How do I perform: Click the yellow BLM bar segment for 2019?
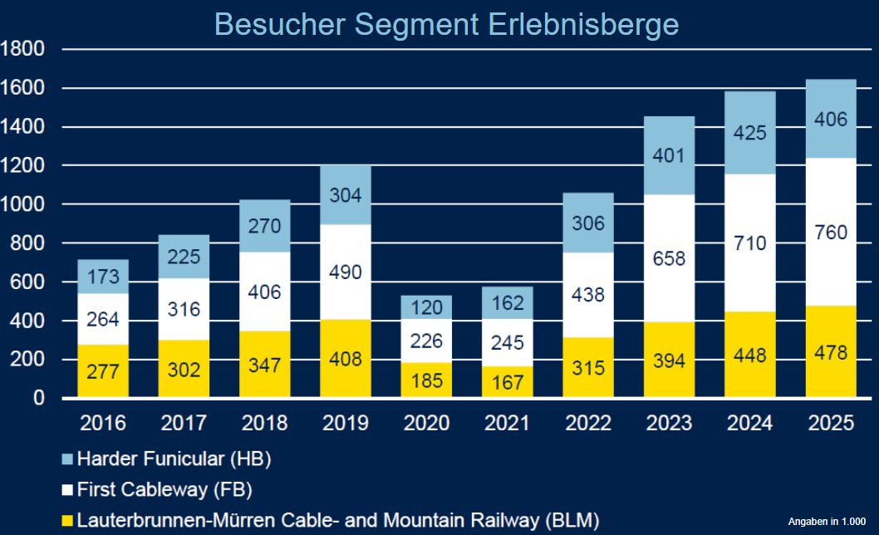pyautogui.click(x=346, y=359)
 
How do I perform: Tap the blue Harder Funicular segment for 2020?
pyautogui.click(x=427, y=307)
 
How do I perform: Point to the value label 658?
pyautogui.click(x=669, y=258)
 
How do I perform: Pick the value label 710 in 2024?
pyautogui.click(x=750, y=243)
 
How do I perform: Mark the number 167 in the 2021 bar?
pyautogui.click(x=508, y=382)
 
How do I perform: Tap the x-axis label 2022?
pyautogui.click(x=588, y=424)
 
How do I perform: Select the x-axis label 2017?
pyautogui.click(x=184, y=424)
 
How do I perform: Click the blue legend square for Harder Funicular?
pyautogui.click(x=68, y=458)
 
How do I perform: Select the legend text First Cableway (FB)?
pyautogui.click(x=164, y=488)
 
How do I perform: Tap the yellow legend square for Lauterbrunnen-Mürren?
pyautogui.click(x=68, y=521)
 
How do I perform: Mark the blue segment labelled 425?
pyautogui.click(x=750, y=133)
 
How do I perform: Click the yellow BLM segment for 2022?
pyautogui.click(x=588, y=368)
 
